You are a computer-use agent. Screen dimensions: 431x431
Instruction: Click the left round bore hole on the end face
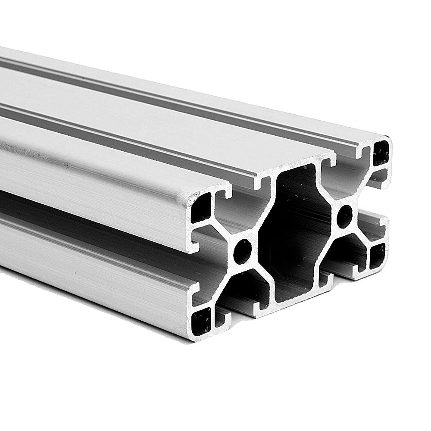click(x=243, y=251)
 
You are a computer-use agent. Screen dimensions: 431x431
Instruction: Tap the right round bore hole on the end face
click(x=344, y=216)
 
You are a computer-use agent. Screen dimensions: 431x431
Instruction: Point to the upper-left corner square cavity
click(x=201, y=208)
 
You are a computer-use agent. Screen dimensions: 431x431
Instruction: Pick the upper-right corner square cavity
click(x=381, y=153)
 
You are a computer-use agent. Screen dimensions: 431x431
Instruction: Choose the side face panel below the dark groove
click(x=86, y=259)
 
